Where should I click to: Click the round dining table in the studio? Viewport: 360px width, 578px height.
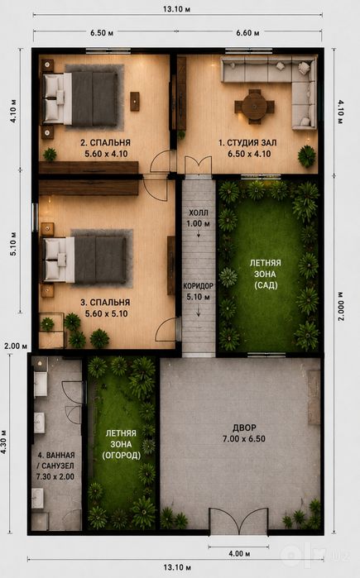tap(255, 106)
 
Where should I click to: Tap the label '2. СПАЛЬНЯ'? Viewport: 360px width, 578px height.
tap(105, 143)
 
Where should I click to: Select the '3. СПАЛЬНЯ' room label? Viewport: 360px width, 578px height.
tap(105, 303)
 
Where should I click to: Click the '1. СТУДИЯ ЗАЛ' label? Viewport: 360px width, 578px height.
tap(247, 143)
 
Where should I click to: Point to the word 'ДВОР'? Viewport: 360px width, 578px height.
tap(244, 428)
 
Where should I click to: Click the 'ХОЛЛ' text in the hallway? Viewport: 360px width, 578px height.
tap(199, 213)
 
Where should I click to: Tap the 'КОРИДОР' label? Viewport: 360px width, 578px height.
tap(198, 285)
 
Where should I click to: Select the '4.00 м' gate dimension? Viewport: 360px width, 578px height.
tap(238, 553)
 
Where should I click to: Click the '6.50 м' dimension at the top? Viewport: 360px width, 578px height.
tap(102, 33)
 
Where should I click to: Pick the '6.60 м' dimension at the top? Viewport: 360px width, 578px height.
tap(247, 33)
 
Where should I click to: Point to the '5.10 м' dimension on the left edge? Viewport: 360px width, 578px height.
tap(13, 244)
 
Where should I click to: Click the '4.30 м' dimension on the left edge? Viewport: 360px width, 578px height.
tap(3, 442)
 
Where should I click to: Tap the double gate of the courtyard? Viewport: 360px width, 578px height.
tap(238, 520)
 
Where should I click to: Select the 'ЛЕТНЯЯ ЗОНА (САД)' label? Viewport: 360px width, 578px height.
tap(265, 274)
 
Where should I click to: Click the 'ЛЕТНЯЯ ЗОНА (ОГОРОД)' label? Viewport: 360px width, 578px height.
tap(122, 444)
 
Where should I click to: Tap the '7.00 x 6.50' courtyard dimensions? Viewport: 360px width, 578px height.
tap(244, 438)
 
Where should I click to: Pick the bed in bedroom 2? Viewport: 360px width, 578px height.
tap(80, 98)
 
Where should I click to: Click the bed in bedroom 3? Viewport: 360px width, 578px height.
tap(85, 260)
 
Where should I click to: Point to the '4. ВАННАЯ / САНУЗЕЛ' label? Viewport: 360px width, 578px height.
tap(55, 466)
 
